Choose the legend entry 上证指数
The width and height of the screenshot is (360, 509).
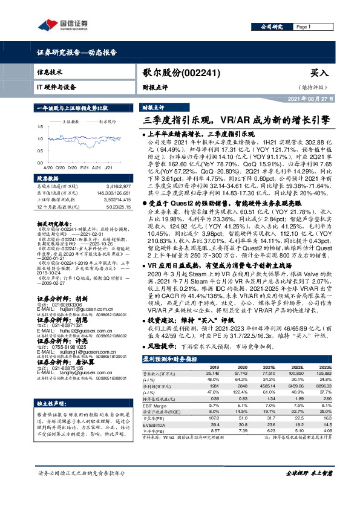72,121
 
